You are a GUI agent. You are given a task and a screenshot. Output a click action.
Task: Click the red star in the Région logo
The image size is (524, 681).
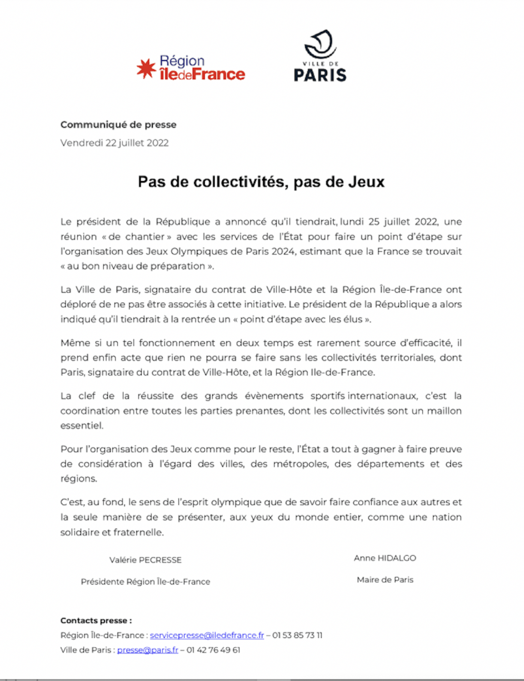146,68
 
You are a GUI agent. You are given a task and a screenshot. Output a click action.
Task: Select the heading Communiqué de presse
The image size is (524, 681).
118,124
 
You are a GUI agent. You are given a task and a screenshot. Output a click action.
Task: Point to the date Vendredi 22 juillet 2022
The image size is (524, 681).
114,142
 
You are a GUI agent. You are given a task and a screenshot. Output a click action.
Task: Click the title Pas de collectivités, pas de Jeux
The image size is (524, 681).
261,181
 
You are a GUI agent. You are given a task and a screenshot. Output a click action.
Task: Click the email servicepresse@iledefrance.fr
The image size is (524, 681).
207,635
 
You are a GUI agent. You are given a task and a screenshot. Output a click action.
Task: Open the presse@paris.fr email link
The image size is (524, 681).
148,650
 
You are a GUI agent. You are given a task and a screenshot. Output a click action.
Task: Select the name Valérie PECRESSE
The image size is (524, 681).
146,559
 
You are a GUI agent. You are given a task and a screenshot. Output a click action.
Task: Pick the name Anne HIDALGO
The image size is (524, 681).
385,558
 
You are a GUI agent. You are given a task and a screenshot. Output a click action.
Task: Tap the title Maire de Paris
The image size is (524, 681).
385,579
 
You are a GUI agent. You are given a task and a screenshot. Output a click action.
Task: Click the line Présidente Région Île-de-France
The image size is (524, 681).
146,581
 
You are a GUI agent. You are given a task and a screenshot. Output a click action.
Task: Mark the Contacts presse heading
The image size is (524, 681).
96,620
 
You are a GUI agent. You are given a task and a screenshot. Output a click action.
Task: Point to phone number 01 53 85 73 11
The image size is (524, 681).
297,635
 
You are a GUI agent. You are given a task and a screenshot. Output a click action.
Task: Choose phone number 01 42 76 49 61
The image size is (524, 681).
214,650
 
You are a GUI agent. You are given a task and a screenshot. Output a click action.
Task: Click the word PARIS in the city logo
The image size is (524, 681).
320,74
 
